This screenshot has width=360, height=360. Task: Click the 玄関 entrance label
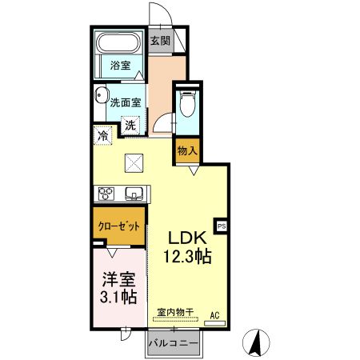point(159,41)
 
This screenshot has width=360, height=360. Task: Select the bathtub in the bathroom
point(118,44)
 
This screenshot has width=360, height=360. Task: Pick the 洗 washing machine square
point(130,125)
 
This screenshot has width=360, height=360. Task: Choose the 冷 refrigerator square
point(103,136)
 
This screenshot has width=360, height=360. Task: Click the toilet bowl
point(187,104)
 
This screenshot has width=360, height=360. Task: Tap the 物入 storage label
point(187,150)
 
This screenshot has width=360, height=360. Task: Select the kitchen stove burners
point(106,192)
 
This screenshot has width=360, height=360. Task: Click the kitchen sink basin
point(134,192)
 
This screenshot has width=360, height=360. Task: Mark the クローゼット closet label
point(119,226)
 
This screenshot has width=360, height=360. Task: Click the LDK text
point(187,237)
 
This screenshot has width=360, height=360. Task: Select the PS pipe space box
point(222,226)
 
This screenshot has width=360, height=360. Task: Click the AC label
point(214,314)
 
